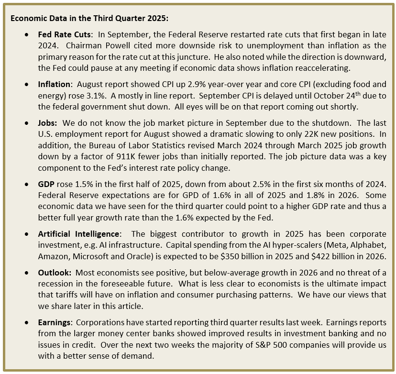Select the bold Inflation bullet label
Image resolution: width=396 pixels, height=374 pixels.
(x=55, y=85)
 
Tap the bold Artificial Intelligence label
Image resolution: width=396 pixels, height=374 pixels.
(x=78, y=234)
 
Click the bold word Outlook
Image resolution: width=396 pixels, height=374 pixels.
(x=54, y=272)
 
